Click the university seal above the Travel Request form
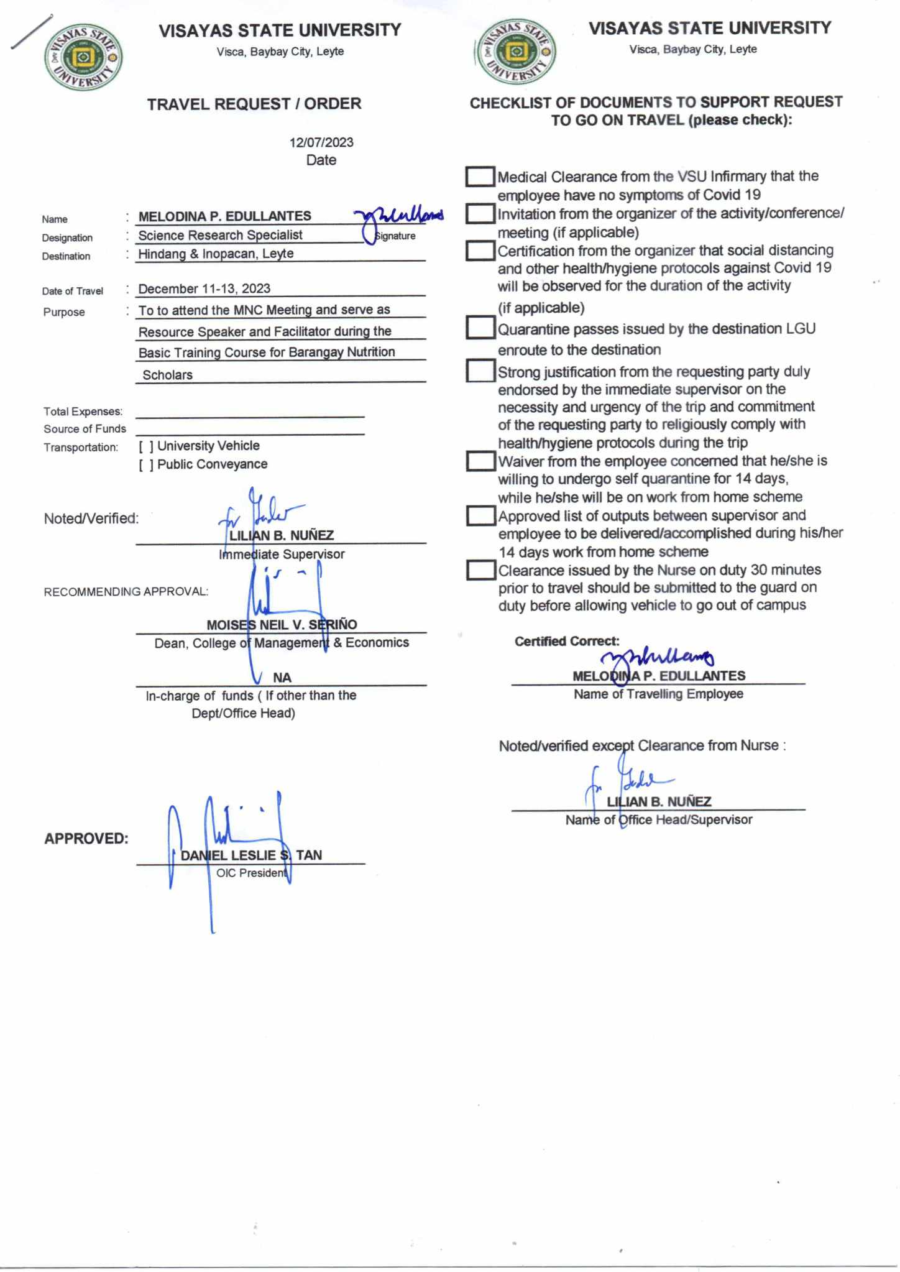(x=83, y=58)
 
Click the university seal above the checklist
(x=515, y=51)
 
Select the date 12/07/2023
(x=321, y=142)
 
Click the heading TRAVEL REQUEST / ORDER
(x=254, y=104)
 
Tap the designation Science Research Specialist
(x=220, y=235)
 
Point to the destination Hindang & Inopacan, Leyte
(x=216, y=254)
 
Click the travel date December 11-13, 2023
(x=204, y=288)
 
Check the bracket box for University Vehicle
(x=146, y=446)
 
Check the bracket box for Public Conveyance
(x=146, y=465)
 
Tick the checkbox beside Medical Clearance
(x=480, y=177)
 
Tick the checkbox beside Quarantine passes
(x=480, y=328)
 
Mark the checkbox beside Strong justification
(x=480, y=371)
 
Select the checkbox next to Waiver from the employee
(x=480, y=461)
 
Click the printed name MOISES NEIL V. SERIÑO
(x=282, y=624)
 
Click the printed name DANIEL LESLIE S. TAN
(x=251, y=855)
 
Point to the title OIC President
(x=252, y=873)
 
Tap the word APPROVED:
(x=86, y=839)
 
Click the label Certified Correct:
(x=566, y=642)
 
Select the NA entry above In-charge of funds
(x=282, y=677)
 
